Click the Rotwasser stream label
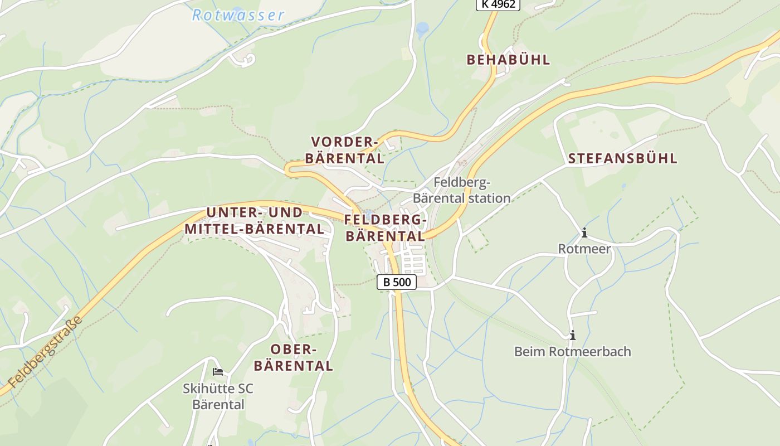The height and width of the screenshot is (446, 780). click(238, 15)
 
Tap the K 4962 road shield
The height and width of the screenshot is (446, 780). click(498, 4)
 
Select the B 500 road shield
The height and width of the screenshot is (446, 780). click(397, 282)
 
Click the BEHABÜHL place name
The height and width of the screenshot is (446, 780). click(508, 60)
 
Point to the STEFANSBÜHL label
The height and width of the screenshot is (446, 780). click(622, 158)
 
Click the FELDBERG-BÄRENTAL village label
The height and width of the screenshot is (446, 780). click(385, 228)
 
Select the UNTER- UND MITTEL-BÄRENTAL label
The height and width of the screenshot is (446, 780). click(254, 221)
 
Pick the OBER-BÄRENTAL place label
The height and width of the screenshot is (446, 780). click(293, 357)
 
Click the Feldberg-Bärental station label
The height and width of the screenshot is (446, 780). click(461, 190)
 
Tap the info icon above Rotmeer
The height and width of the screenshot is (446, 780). click(584, 232)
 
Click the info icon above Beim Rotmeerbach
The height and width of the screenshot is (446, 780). click(572, 335)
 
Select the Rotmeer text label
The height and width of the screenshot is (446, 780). click(584, 249)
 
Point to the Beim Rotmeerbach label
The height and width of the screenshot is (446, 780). click(572, 351)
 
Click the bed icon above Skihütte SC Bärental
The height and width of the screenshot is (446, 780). click(218, 371)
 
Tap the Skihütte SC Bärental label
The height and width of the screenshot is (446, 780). click(218, 396)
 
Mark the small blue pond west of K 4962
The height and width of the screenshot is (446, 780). click(422, 27)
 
